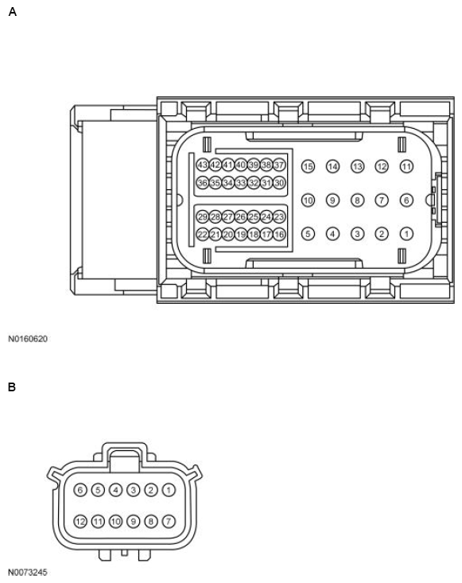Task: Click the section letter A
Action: click(x=12, y=12)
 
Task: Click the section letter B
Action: click(x=12, y=387)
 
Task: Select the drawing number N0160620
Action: click(x=28, y=339)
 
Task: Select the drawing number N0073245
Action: click(x=28, y=572)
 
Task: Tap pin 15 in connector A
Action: click(x=309, y=166)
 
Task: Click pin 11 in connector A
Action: click(x=406, y=166)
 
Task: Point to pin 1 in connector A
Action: click(x=406, y=234)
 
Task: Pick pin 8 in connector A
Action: click(x=358, y=200)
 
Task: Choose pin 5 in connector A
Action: click(x=309, y=234)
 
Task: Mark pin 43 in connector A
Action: click(x=202, y=165)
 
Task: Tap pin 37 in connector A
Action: click(x=279, y=165)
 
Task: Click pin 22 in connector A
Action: click(x=202, y=235)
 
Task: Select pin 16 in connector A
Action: click(x=279, y=235)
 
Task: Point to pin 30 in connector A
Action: click(x=279, y=183)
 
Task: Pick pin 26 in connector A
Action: click(x=241, y=216)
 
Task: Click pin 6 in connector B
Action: click(x=80, y=490)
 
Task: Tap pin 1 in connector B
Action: click(x=169, y=490)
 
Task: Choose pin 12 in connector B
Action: click(x=80, y=522)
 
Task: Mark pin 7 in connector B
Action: click(x=169, y=522)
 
